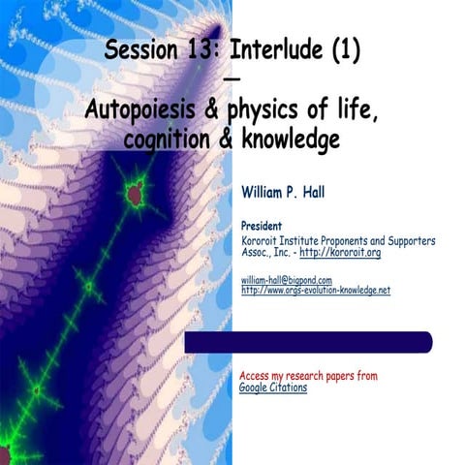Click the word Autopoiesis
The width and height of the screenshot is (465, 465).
pyautogui.click(x=142, y=113)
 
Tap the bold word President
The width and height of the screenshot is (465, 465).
pyautogui.click(x=262, y=226)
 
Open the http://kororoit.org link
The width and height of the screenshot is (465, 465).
pyautogui.click(x=339, y=253)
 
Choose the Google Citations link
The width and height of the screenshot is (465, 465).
pyautogui.click(x=273, y=387)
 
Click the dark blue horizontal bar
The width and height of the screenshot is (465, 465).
pyautogui.click(x=308, y=342)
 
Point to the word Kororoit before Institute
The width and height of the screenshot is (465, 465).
pyautogui.click(x=263, y=240)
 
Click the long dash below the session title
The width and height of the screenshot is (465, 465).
pyautogui.click(x=232, y=79)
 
